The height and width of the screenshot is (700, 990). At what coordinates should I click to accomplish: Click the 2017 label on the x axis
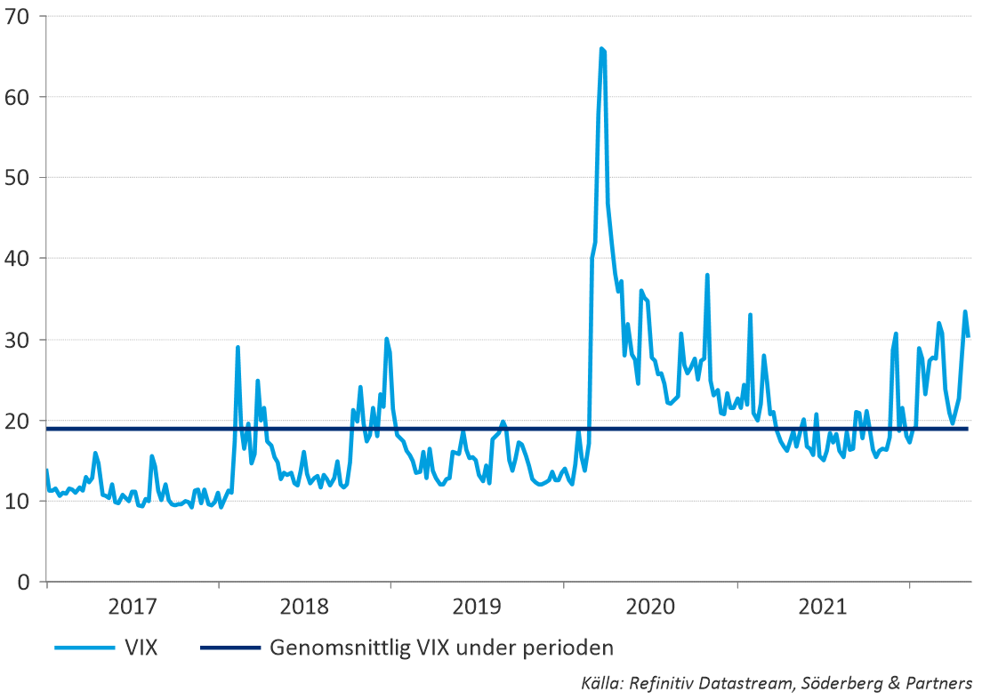[x=133, y=608]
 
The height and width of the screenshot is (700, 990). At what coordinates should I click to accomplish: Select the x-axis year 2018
[x=304, y=608]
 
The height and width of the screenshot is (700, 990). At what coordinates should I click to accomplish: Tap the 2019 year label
[x=477, y=608]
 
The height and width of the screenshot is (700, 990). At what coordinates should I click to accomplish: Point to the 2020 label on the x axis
[x=650, y=608]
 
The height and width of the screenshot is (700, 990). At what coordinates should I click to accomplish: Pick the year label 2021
[x=823, y=608]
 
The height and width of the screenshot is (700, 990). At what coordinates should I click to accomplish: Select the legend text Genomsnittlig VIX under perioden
[x=441, y=647]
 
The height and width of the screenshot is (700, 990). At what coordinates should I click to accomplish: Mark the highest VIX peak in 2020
[x=602, y=49]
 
